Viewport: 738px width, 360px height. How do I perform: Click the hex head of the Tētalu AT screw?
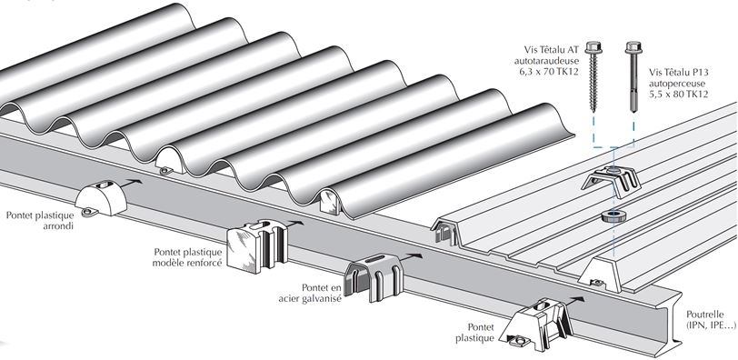pos(593,47)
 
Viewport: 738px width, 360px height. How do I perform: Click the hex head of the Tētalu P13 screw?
pos(634,47)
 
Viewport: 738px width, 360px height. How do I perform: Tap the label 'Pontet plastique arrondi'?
pos(40,220)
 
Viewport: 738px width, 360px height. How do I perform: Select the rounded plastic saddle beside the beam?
pos(101,197)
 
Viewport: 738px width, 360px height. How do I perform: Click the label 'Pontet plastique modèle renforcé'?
pos(187,257)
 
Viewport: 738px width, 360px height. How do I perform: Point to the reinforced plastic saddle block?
pos(257,245)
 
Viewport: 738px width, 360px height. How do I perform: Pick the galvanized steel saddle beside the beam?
pos(374,277)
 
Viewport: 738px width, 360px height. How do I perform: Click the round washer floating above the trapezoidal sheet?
pos(613,216)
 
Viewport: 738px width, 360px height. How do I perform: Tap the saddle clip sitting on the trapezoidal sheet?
pos(611,181)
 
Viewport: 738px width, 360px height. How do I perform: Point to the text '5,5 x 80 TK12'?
pos(678,94)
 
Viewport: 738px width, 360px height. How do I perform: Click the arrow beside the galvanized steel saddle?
pos(413,257)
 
